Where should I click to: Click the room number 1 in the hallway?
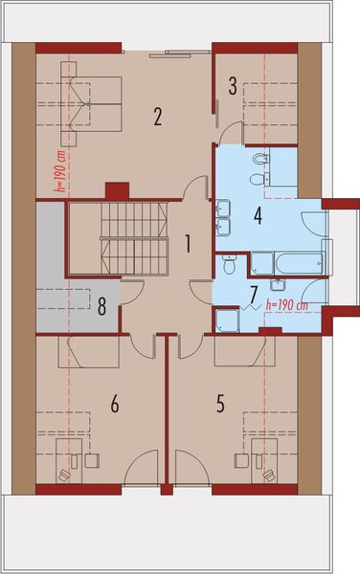[189, 243]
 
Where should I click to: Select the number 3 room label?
[233, 86]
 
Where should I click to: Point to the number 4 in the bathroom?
[258, 215]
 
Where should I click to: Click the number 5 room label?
[220, 404]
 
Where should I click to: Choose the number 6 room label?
[114, 405]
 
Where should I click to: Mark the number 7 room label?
[254, 292]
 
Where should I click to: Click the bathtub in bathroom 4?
[287, 262]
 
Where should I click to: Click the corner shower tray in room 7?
[227, 318]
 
